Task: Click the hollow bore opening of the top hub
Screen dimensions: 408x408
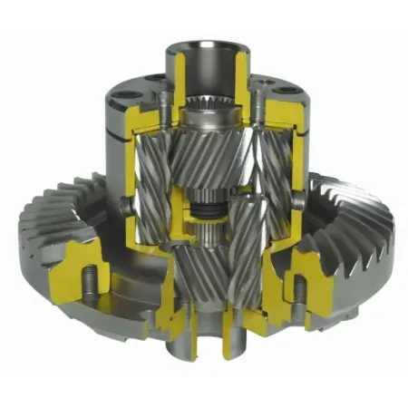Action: point(204,47)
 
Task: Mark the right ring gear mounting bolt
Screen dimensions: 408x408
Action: point(296,288)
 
